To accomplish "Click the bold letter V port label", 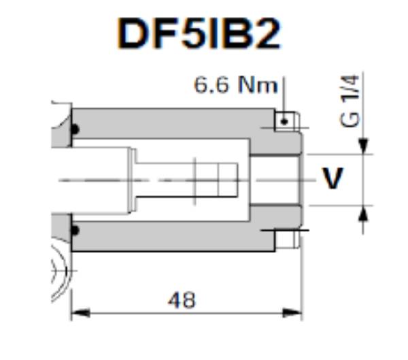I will pos(333,179).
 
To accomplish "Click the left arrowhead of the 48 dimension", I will pos(79,313).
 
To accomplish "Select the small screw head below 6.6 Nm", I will pos(284,121).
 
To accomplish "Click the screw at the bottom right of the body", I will pos(286,238).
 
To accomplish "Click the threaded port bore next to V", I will pos(275,179).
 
